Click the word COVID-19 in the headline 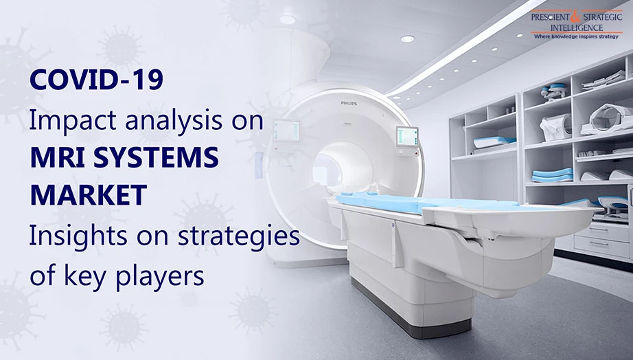pyautogui.click(x=97, y=80)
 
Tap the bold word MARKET pyautogui.click(x=88, y=196)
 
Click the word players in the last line pyautogui.click(x=160, y=277)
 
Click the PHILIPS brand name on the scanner pyautogui.click(x=349, y=104)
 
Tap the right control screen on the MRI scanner pyautogui.click(x=407, y=136)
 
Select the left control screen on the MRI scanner pyautogui.click(x=286, y=131)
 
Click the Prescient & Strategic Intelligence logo pyautogui.click(x=576, y=24)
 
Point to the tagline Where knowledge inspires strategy pyautogui.click(x=576, y=36)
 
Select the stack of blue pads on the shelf pyautogui.click(x=552, y=175)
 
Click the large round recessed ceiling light pyautogui.click(x=408, y=38)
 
